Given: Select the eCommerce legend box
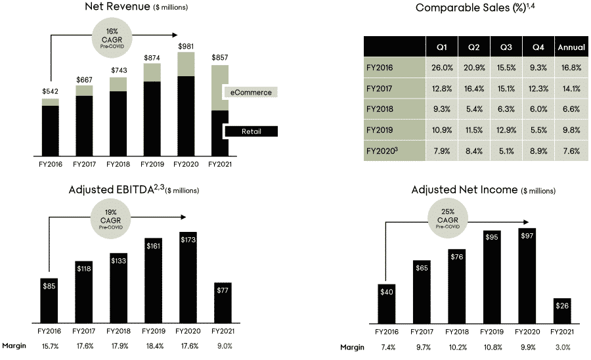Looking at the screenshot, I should (251, 93).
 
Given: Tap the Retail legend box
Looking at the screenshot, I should (251, 131).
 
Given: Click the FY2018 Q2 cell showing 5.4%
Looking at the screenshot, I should (473, 109).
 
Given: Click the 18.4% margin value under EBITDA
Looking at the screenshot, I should (152, 346).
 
